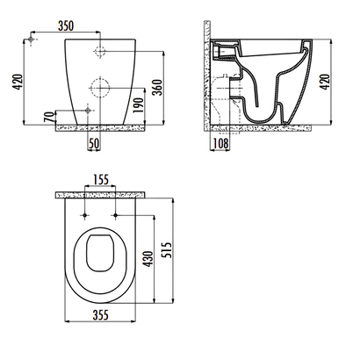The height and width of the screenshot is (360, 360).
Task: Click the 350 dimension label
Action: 66,25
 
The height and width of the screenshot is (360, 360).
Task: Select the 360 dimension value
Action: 158,87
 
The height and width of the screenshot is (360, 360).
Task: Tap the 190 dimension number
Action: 139,105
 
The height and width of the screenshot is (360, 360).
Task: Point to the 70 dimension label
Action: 50,117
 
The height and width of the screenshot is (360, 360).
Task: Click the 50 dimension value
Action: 94,143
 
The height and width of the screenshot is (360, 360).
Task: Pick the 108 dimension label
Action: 220,143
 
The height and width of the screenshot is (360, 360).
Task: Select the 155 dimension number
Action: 101,179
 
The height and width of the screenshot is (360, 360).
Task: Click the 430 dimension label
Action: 149,259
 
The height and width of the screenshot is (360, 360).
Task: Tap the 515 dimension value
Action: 167,249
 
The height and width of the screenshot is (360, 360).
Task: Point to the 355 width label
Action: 100,315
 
